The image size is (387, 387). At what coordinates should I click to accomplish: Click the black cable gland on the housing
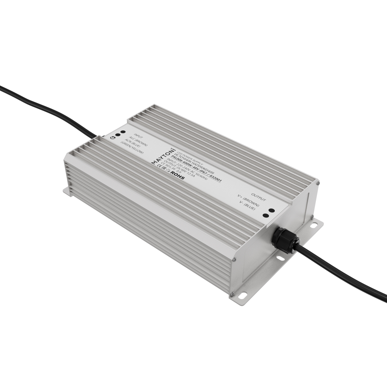(284, 240)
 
